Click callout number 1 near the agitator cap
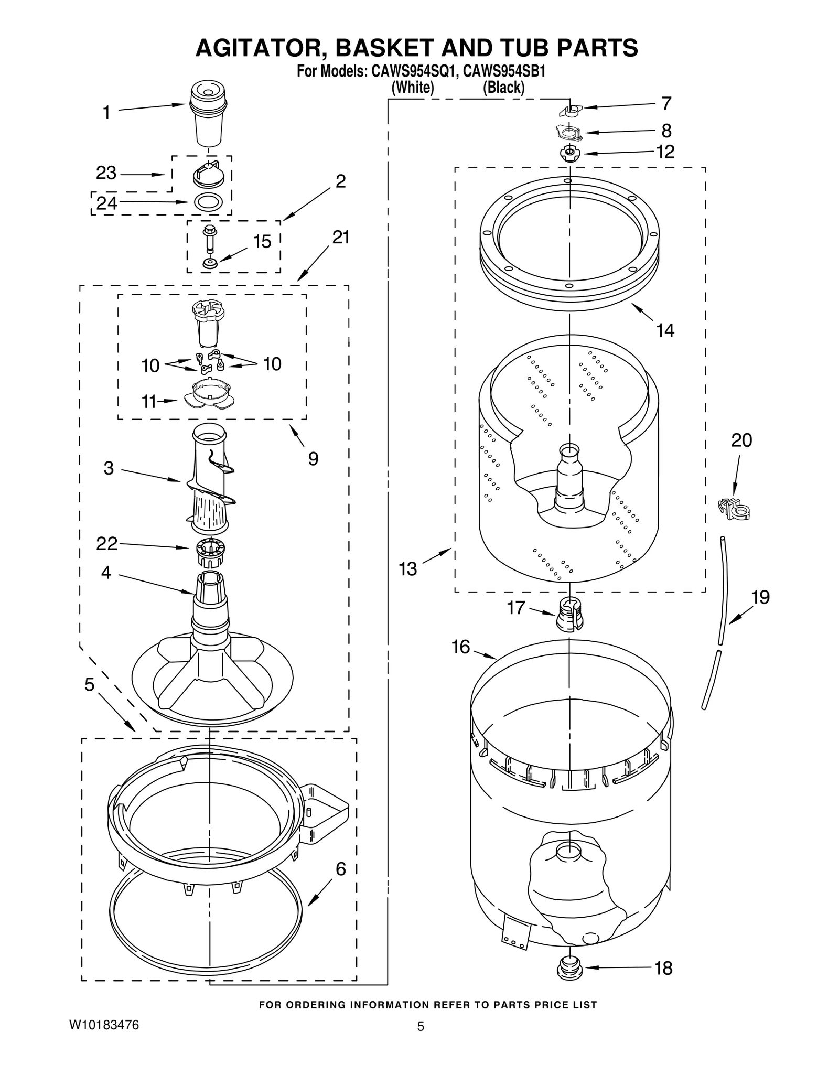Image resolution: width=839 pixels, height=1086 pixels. [x=106, y=112]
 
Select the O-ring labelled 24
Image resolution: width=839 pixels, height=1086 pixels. [x=208, y=202]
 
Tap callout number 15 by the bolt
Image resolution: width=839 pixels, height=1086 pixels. [x=262, y=242]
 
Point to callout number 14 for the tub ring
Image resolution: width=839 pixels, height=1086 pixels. [x=665, y=330]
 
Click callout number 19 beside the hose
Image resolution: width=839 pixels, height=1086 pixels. [x=760, y=597]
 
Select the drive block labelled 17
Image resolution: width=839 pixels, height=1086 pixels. [x=569, y=614]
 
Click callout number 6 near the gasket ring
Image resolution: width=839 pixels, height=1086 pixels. [x=340, y=869]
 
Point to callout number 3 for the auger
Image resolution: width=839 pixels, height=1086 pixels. [x=109, y=468]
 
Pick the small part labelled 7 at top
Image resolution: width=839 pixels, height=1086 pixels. [x=570, y=109]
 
